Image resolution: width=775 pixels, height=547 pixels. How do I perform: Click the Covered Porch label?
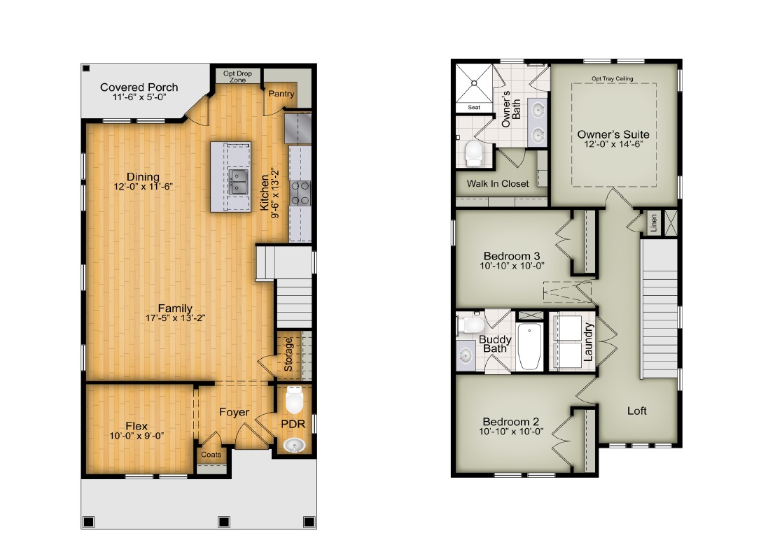coord(139,87)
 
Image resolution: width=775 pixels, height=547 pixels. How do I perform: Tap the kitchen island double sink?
coord(238,182)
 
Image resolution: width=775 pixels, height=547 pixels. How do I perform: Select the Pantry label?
coord(281,94)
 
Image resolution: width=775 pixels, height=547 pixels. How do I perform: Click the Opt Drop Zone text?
coord(238,76)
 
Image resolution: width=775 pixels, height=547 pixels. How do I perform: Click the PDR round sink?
coord(295,446)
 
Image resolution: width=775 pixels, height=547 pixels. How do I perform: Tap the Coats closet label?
coord(211,455)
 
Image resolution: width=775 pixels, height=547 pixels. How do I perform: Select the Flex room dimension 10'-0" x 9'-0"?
coord(137,436)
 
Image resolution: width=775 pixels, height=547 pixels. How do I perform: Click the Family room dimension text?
coord(176,318)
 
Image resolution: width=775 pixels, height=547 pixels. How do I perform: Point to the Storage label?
coord(288,355)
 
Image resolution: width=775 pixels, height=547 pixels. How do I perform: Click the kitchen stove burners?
coord(300,193)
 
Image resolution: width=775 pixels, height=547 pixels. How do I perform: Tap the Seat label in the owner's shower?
coord(474,107)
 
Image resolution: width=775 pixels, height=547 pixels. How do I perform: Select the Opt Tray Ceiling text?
coord(613,78)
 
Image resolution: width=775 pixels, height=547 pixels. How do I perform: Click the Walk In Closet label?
coord(498,184)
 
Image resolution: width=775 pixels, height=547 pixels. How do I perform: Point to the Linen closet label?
coord(654,222)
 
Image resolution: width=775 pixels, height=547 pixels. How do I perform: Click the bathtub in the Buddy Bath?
coord(529,346)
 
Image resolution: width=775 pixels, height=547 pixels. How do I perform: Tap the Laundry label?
coord(588,341)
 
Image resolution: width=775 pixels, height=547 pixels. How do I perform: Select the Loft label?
coord(637,411)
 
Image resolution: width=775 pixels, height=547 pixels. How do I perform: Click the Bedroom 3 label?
coord(512,256)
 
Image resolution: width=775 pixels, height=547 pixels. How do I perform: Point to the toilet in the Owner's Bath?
coord(473,152)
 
